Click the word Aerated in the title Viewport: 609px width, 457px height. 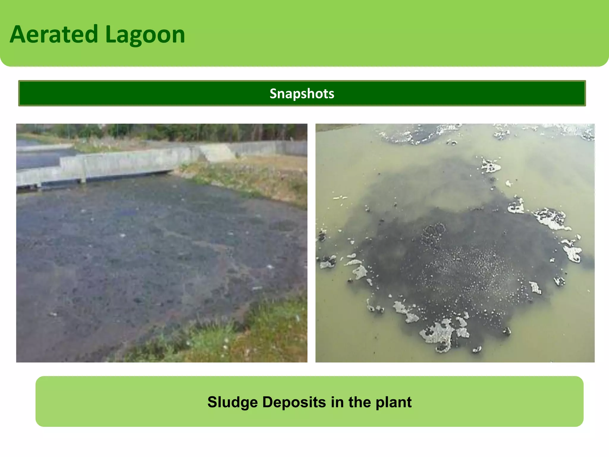(x=54, y=35)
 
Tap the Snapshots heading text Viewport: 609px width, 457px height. (x=302, y=93)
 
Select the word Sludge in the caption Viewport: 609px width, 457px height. (x=233, y=402)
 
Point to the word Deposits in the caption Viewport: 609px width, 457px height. (x=294, y=402)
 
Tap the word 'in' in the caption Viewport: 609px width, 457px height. (x=337, y=402)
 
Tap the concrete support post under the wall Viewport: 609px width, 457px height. (x=84, y=173)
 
